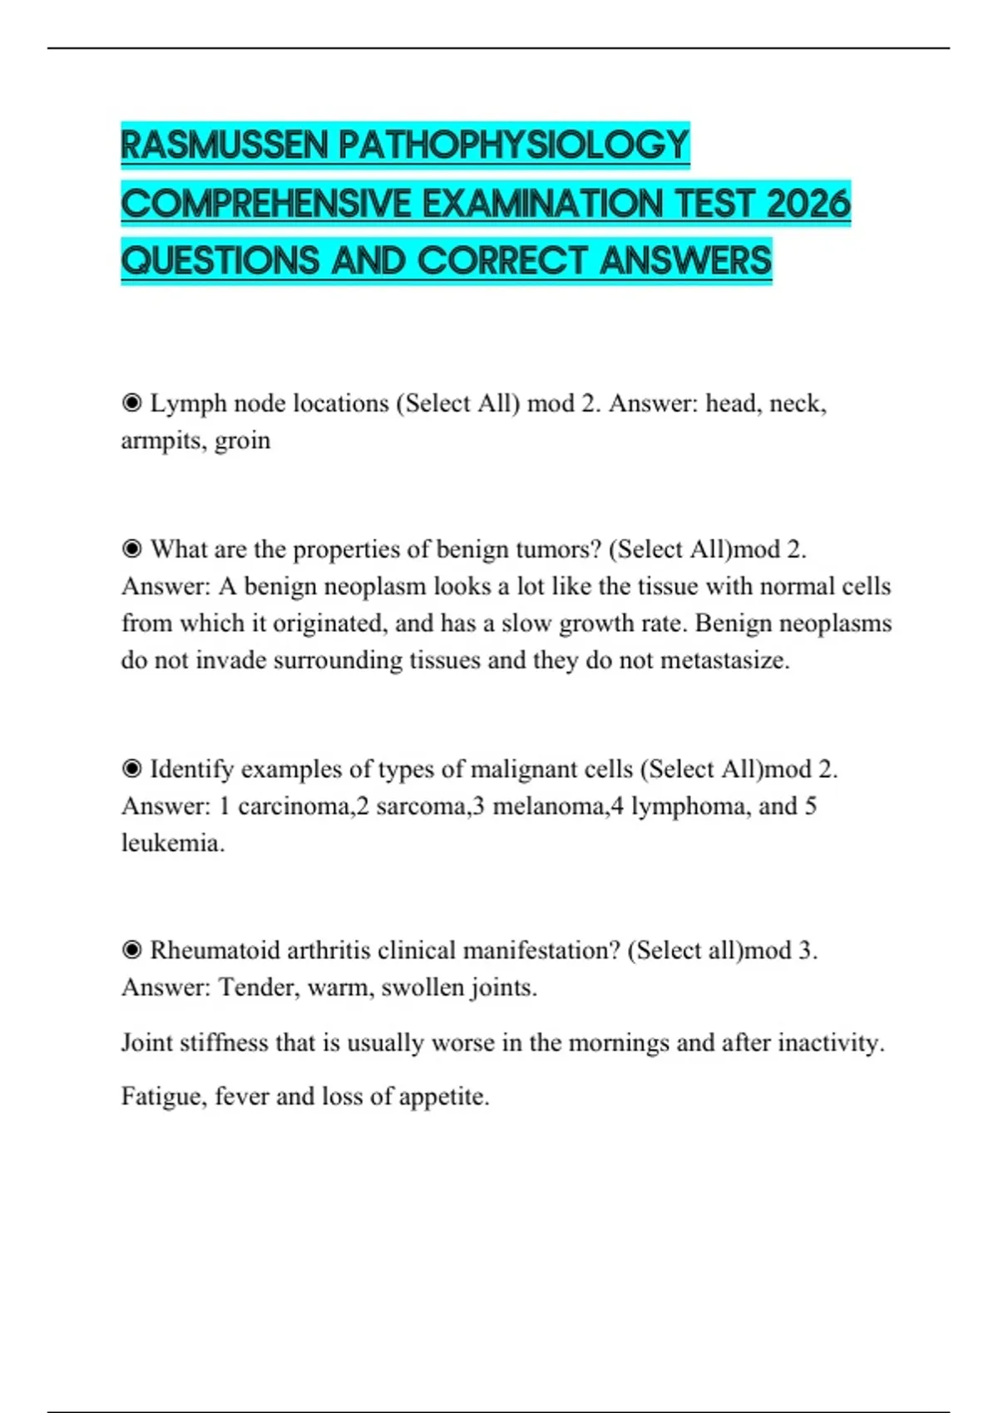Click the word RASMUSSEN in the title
click(x=225, y=145)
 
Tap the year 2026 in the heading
click(x=808, y=204)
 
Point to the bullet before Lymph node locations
click(x=131, y=404)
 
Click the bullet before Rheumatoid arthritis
click(x=131, y=950)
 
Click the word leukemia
click(x=172, y=843)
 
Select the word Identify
click(x=192, y=769)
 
